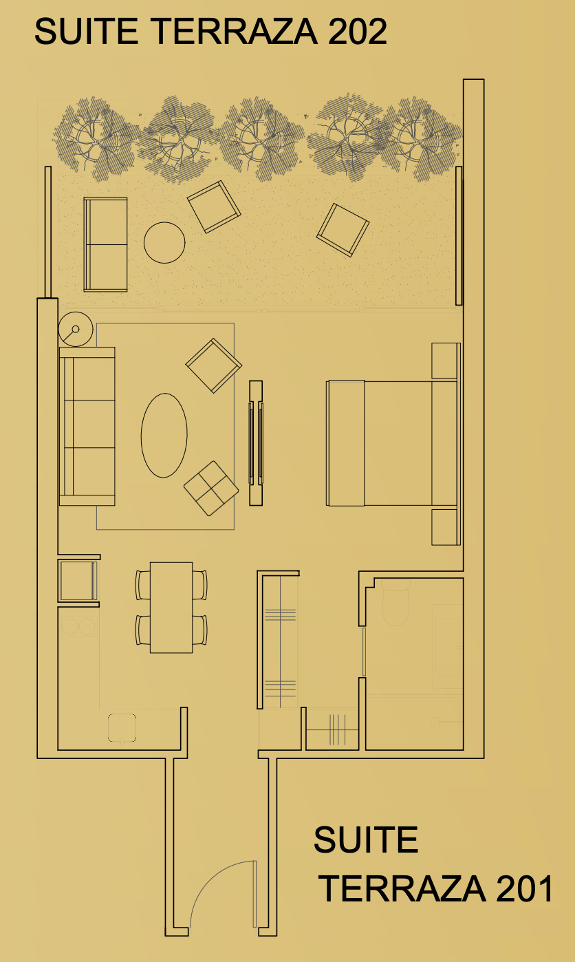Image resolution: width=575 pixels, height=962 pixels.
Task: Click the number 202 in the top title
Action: [358, 32]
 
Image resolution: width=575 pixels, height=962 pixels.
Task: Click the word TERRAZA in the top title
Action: [235, 32]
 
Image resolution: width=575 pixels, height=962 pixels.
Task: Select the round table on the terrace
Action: [164, 243]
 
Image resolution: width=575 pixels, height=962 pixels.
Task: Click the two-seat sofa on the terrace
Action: [105, 244]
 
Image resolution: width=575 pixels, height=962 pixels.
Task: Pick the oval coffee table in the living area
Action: [164, 436]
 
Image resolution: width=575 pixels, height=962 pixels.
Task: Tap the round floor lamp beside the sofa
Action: [76, 330]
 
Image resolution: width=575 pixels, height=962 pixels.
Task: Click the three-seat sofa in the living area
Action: [87, 426]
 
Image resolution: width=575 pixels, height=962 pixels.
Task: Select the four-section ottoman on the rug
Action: [211, 489]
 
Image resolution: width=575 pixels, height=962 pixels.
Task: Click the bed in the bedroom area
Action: [392, 442]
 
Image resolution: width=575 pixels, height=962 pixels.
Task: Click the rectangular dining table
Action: [171, 608]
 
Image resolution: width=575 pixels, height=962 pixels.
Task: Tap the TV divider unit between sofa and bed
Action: [256, 442]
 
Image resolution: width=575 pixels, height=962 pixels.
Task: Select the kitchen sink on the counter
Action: [122, 728]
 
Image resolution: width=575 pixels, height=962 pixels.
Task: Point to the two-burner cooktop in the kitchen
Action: [79, 627]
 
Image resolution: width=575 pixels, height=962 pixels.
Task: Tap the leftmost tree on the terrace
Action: [96, 138]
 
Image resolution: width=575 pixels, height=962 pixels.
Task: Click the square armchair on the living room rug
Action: [214, 365]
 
